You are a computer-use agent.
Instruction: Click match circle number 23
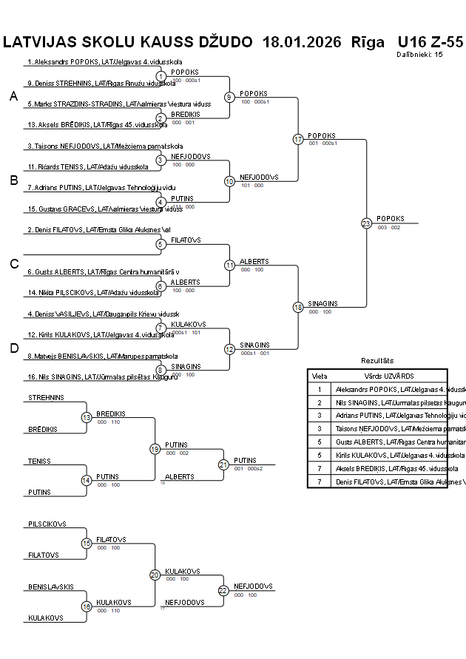(x=366, y=223)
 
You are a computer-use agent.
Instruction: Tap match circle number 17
(x=298, y=139)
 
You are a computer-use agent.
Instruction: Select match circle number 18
(x=298, y=307)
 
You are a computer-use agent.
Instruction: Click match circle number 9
(x=229, y=97)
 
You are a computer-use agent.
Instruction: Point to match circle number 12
(x=229, y=349)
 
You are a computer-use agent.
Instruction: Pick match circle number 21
(x=223, y=464)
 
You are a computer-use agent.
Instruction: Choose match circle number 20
(x=155, y=575)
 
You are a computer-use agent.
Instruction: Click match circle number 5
(x=161, y=244)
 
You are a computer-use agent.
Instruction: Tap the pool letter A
(x=13, y=96)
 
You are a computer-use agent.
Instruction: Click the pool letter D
(x=13, y=348)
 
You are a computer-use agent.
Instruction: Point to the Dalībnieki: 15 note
(x=419, y=54)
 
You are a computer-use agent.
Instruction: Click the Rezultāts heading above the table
(x=377, y=360)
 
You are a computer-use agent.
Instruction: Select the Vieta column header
(x=320, y=376)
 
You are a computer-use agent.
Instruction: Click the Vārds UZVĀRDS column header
(x=389, y=376)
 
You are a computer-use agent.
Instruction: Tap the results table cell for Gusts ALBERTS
(x=389, y=442)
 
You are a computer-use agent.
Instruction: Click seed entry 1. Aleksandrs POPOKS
(x=104, y=62)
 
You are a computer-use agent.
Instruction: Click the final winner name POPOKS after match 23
(x=391, y=218)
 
